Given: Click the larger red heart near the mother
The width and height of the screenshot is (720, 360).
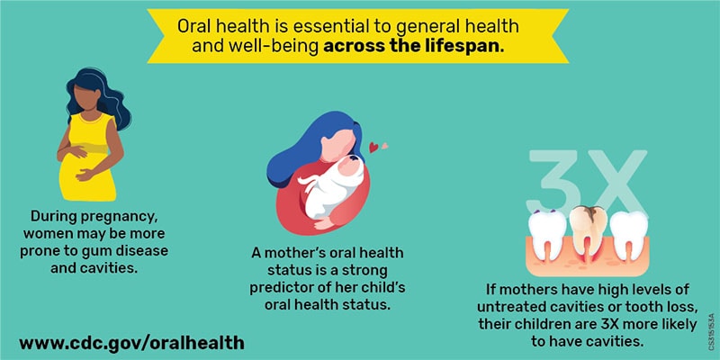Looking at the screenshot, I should click(373, 147).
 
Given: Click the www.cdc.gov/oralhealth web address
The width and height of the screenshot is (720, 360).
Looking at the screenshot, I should click(131, 343).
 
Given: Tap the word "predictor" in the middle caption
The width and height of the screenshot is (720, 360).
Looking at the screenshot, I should click(293, 287).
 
